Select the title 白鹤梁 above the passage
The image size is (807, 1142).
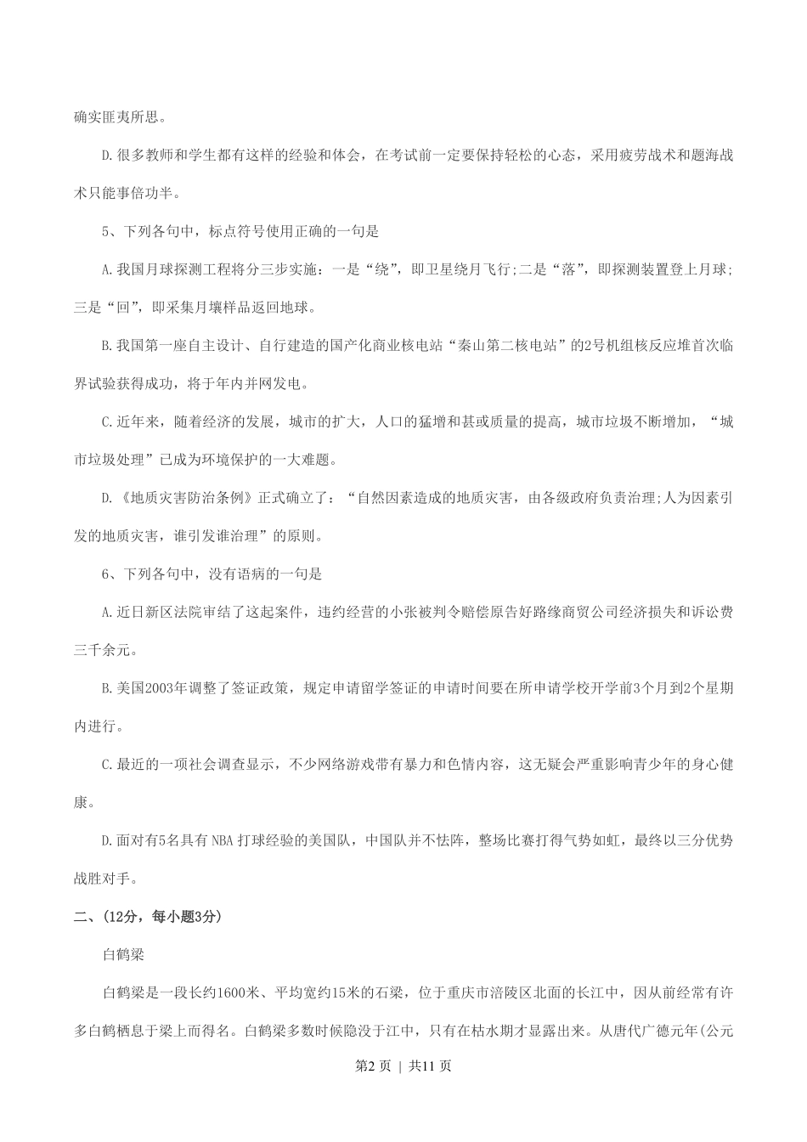coord(123,954)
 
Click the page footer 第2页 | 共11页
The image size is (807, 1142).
coord(403,1066)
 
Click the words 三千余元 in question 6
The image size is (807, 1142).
coord(102,651)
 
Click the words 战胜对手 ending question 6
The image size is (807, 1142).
coord(102,879)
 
